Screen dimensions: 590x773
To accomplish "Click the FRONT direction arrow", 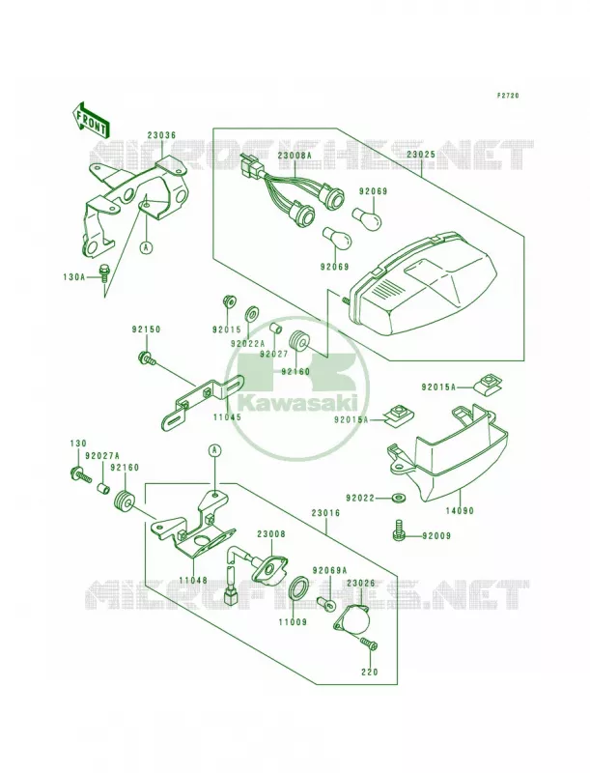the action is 91,119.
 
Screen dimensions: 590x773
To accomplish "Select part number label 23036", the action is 161,135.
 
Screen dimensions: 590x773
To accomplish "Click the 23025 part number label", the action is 420,154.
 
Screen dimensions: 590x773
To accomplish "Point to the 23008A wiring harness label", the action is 295,155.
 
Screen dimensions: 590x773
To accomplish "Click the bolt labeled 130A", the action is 104,272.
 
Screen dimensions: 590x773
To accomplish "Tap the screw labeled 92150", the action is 147,358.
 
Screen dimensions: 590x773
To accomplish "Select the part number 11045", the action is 227,416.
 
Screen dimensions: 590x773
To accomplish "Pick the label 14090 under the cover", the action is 460,511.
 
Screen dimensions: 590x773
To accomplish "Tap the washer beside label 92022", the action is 397,499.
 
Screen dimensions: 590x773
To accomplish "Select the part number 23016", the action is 325,513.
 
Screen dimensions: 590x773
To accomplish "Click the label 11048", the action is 192,581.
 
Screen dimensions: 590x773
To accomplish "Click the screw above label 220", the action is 368,644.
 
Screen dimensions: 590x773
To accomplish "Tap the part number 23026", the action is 360,584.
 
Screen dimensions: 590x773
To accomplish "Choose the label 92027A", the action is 102,455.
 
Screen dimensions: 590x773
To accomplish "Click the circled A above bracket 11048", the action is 213,449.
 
